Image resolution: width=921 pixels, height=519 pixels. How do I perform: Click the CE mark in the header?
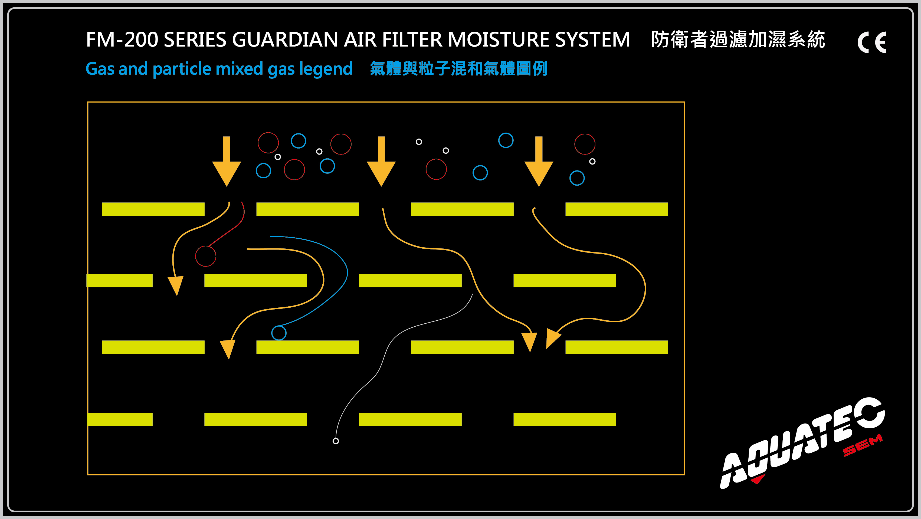pyautogui.click(x=872, y=42)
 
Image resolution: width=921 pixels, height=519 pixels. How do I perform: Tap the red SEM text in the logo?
pyautogui.click(x=862, y=445)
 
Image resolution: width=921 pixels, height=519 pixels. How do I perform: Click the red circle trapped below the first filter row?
pyautogui.click(x=206, y=256)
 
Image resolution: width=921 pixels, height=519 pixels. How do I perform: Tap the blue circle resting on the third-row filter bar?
pyautogui.click(x=279, y=333)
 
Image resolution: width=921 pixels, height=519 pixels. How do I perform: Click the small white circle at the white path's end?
pyautogui.click(x=336, y=441)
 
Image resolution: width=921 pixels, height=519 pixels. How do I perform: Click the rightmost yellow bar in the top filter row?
pyautogui.click(x=616, y=209)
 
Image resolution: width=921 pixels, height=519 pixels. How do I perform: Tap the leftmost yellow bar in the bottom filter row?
pyautogui.click(x=120, y=419)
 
